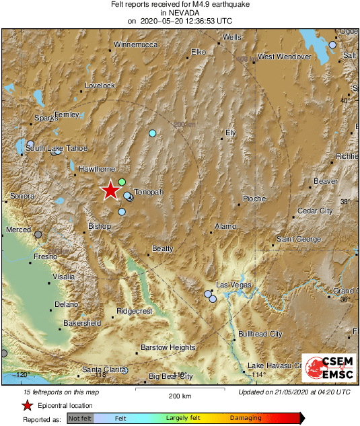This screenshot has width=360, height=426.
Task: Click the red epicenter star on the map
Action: tap(110, 191)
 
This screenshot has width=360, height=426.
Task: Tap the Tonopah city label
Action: tap(149, 192)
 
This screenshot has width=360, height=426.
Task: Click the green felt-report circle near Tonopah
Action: tap(122, 182)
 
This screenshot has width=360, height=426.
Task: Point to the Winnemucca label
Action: tap(135, 44)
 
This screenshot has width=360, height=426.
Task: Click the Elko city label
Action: tap(199, 51)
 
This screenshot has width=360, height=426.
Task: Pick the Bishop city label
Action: tap(100, 226)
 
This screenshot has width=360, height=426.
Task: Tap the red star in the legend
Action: tap(27, 405)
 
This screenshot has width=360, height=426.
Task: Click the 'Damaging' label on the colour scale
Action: tap(247, 418)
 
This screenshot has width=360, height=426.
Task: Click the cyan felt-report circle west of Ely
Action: tap(153, 133)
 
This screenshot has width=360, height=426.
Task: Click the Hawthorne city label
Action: tap(95, 169)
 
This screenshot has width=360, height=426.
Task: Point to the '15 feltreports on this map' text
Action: tap(50, 392)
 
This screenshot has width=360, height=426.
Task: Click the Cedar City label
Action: tap(315, 211)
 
